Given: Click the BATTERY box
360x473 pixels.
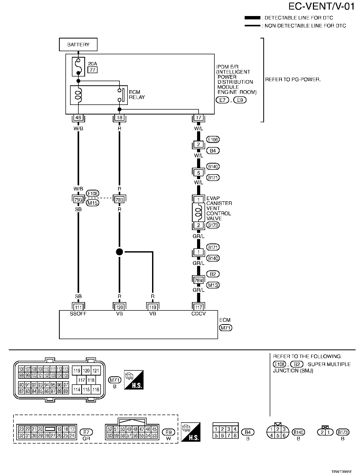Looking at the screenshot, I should [x=78, y=45].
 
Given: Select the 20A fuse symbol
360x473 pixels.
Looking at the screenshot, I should [x=78, y=67].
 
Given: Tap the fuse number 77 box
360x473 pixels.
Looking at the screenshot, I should [x=93, y=70].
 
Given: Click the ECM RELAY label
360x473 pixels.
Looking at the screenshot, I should [x=137, y=95].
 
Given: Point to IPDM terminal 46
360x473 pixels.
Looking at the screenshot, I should [x=78, y=118].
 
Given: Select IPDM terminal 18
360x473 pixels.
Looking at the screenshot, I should [x=119, y=118].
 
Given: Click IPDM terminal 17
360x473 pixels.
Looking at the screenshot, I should [x=198, y=118].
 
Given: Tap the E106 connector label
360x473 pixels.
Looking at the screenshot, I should [x=213, y=140].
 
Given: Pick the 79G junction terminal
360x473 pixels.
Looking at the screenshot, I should [x=119, y=200].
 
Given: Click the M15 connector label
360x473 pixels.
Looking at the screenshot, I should [x=93, y=203].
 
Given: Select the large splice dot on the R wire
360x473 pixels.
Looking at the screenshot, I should [x=119, y=251].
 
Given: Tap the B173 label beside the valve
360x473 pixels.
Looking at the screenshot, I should [x=213, y=225].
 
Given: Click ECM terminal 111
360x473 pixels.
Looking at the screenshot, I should [x=78, y=307].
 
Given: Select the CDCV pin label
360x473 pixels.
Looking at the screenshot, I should [x=198, y=314].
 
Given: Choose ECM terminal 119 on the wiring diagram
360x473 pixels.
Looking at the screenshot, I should [x=153, y=307].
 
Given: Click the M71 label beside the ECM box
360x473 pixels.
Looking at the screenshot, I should [x=226, y=328].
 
